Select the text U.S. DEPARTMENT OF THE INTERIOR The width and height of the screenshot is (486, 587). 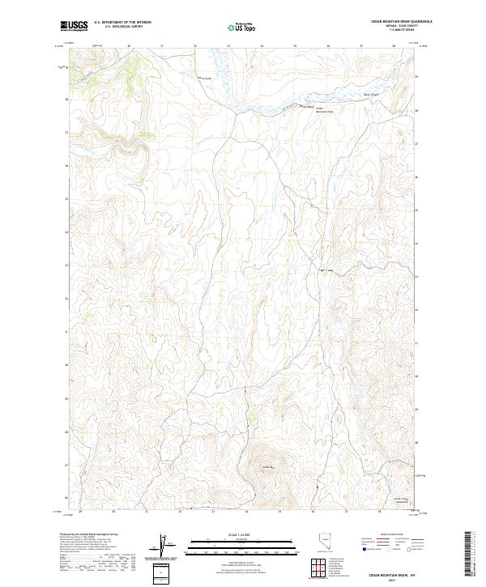pos(122,23)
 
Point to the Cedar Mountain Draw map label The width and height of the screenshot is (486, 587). pos(323,109)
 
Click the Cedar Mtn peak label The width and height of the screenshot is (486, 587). pos(269,466)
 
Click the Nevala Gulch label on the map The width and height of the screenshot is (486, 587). pos(206,78)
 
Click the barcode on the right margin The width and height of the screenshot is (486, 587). pos(468,554)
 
